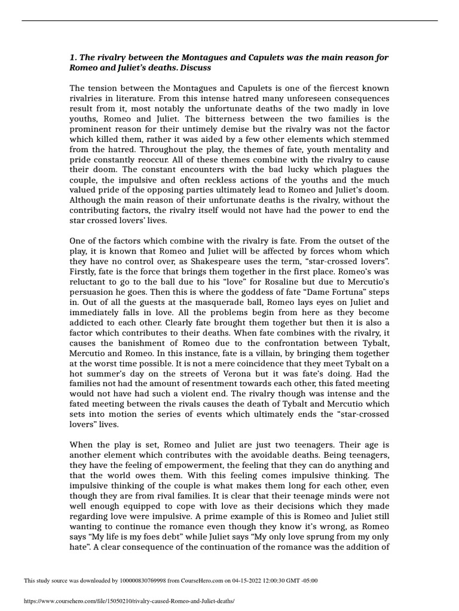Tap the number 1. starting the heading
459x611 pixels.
(74, 57)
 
